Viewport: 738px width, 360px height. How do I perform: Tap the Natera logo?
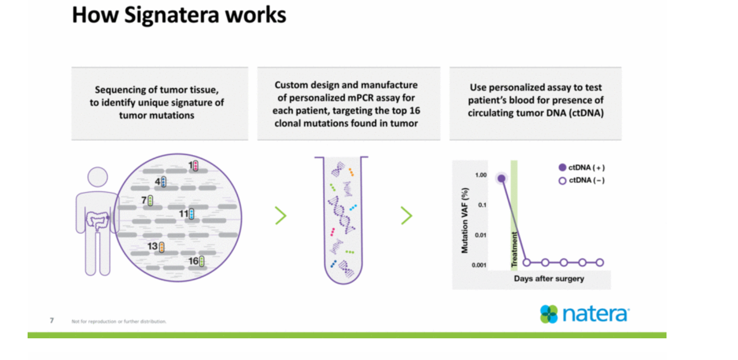584,314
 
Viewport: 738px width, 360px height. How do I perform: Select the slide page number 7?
52,321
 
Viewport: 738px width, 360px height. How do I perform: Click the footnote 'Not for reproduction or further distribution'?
119,322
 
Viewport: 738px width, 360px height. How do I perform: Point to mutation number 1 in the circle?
193,166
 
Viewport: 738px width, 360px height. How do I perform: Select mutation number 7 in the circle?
147,200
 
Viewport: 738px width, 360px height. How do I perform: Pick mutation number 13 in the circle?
156,247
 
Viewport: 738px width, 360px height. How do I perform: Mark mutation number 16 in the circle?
196,261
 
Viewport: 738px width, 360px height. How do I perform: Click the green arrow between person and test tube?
281,216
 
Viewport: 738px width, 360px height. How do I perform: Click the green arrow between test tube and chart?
406,216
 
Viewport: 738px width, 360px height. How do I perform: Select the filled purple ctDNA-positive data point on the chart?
501,179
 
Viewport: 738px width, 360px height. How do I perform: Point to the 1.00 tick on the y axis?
481,175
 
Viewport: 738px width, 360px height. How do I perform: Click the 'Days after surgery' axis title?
549,279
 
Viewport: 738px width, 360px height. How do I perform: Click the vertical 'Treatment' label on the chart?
514,250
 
